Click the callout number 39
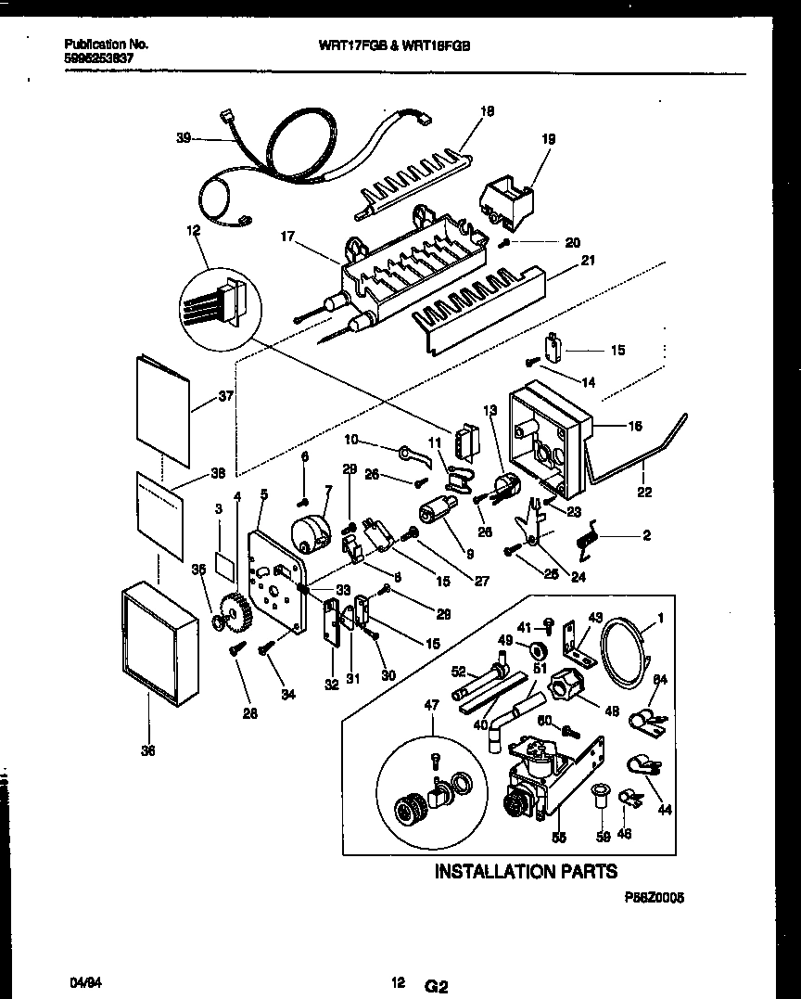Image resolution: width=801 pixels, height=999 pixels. click(x=183, y=138)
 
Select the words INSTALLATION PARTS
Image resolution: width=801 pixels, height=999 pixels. click(x=526, y=871)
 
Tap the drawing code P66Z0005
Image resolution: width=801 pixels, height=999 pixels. click(x=654, y=898)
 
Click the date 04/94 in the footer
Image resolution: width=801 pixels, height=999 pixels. click(x=83, y=980)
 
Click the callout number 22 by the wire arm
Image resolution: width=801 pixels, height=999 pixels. click(x=643, y=491)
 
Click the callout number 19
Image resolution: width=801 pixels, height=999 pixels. click(x=548, y=139)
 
